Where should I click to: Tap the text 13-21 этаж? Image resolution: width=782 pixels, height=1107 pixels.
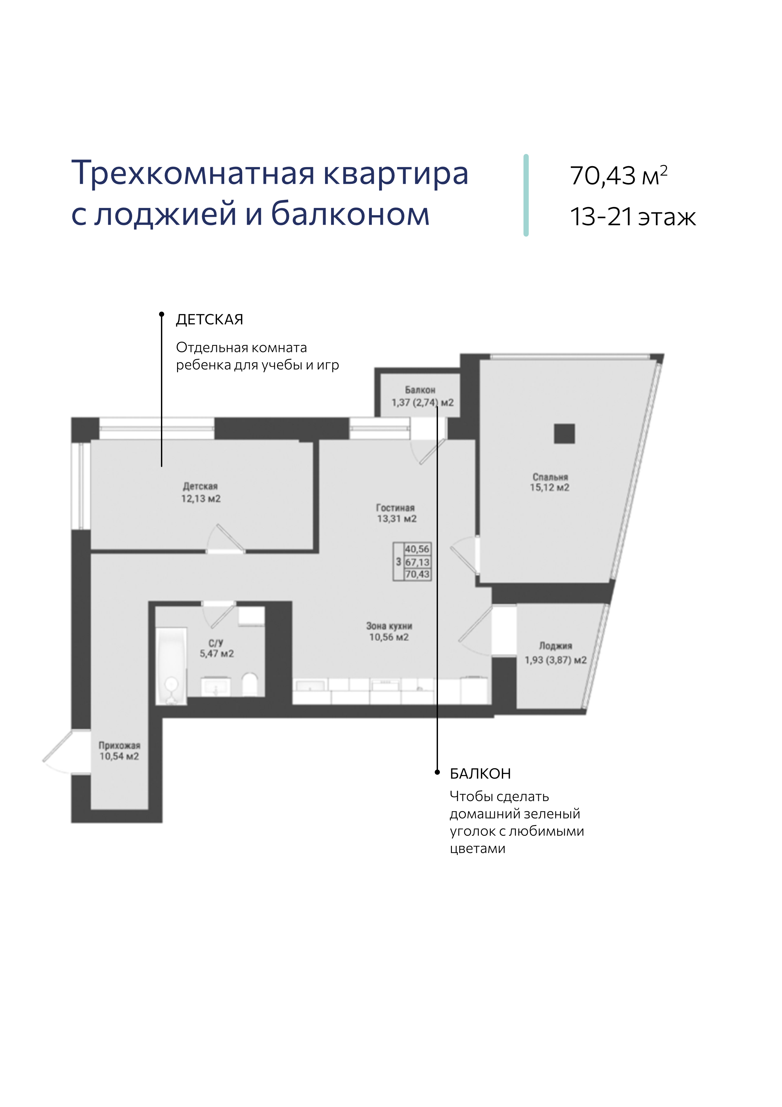point(633,217)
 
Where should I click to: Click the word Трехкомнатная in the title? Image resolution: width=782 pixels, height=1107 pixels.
point(193,173)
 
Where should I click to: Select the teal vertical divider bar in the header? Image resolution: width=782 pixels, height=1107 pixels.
point(526,195)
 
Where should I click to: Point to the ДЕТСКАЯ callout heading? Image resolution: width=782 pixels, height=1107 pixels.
point(210,319)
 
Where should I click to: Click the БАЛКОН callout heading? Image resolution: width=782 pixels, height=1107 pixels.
point(480,773)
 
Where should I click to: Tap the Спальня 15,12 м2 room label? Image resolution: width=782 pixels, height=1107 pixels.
point(550,482)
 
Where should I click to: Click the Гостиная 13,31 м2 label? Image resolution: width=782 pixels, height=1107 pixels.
point(396,513)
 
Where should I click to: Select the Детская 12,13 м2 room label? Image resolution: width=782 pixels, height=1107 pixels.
point(200,492)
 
